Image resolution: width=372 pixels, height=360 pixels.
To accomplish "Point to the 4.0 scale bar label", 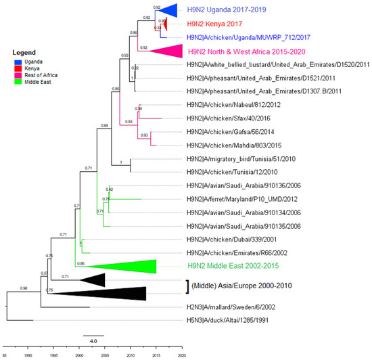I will [x=93, y=340].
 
